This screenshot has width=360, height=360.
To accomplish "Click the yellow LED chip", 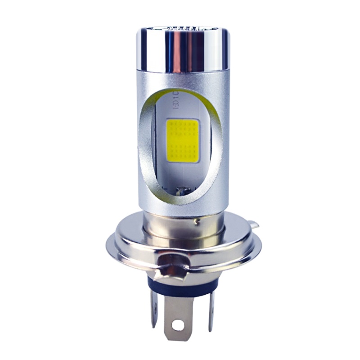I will pos(182,140).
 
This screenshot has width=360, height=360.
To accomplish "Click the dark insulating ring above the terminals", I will pos(180,283).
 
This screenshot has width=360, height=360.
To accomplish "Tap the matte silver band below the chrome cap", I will pos(183,79).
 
